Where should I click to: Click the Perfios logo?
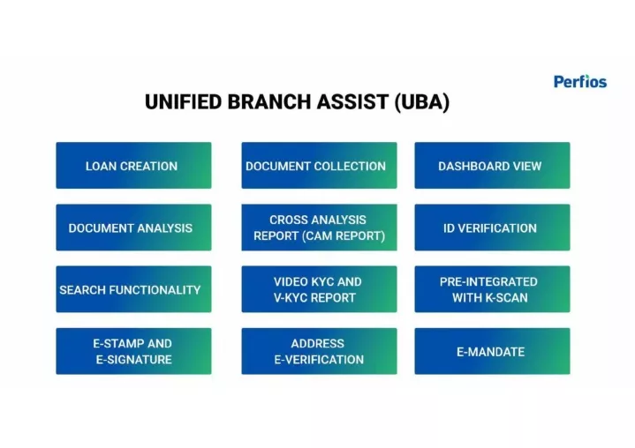click(x=580, y=82)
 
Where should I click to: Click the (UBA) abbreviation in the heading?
click(x=422, y=102)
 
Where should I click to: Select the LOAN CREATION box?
click(x=133, y=166)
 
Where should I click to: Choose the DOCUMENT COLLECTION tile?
click(x=319, y=166)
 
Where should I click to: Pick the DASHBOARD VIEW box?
click(x=492, y=166)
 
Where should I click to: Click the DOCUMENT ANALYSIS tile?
click(x=133, y=228)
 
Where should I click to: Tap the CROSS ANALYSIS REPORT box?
click(x=319, y=228)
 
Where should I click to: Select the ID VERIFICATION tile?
click(x=492, y=228)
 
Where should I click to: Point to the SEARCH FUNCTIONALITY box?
click(x=133, y=289)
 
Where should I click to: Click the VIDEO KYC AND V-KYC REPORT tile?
click(x=319, y=289)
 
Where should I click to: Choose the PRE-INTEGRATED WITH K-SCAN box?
click(x=492, y=289)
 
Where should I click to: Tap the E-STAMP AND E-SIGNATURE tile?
click(x=133, y=351)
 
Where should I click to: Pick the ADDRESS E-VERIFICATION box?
click(x=319, y=351)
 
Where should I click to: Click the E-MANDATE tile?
click(x=492, y=351)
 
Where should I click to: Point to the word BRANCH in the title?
click(x=269, y=101)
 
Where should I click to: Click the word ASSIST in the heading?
click(x=352, y=101)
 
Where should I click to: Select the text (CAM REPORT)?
click(x=344, y=236)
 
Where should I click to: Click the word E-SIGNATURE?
click(x=133, y=360)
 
